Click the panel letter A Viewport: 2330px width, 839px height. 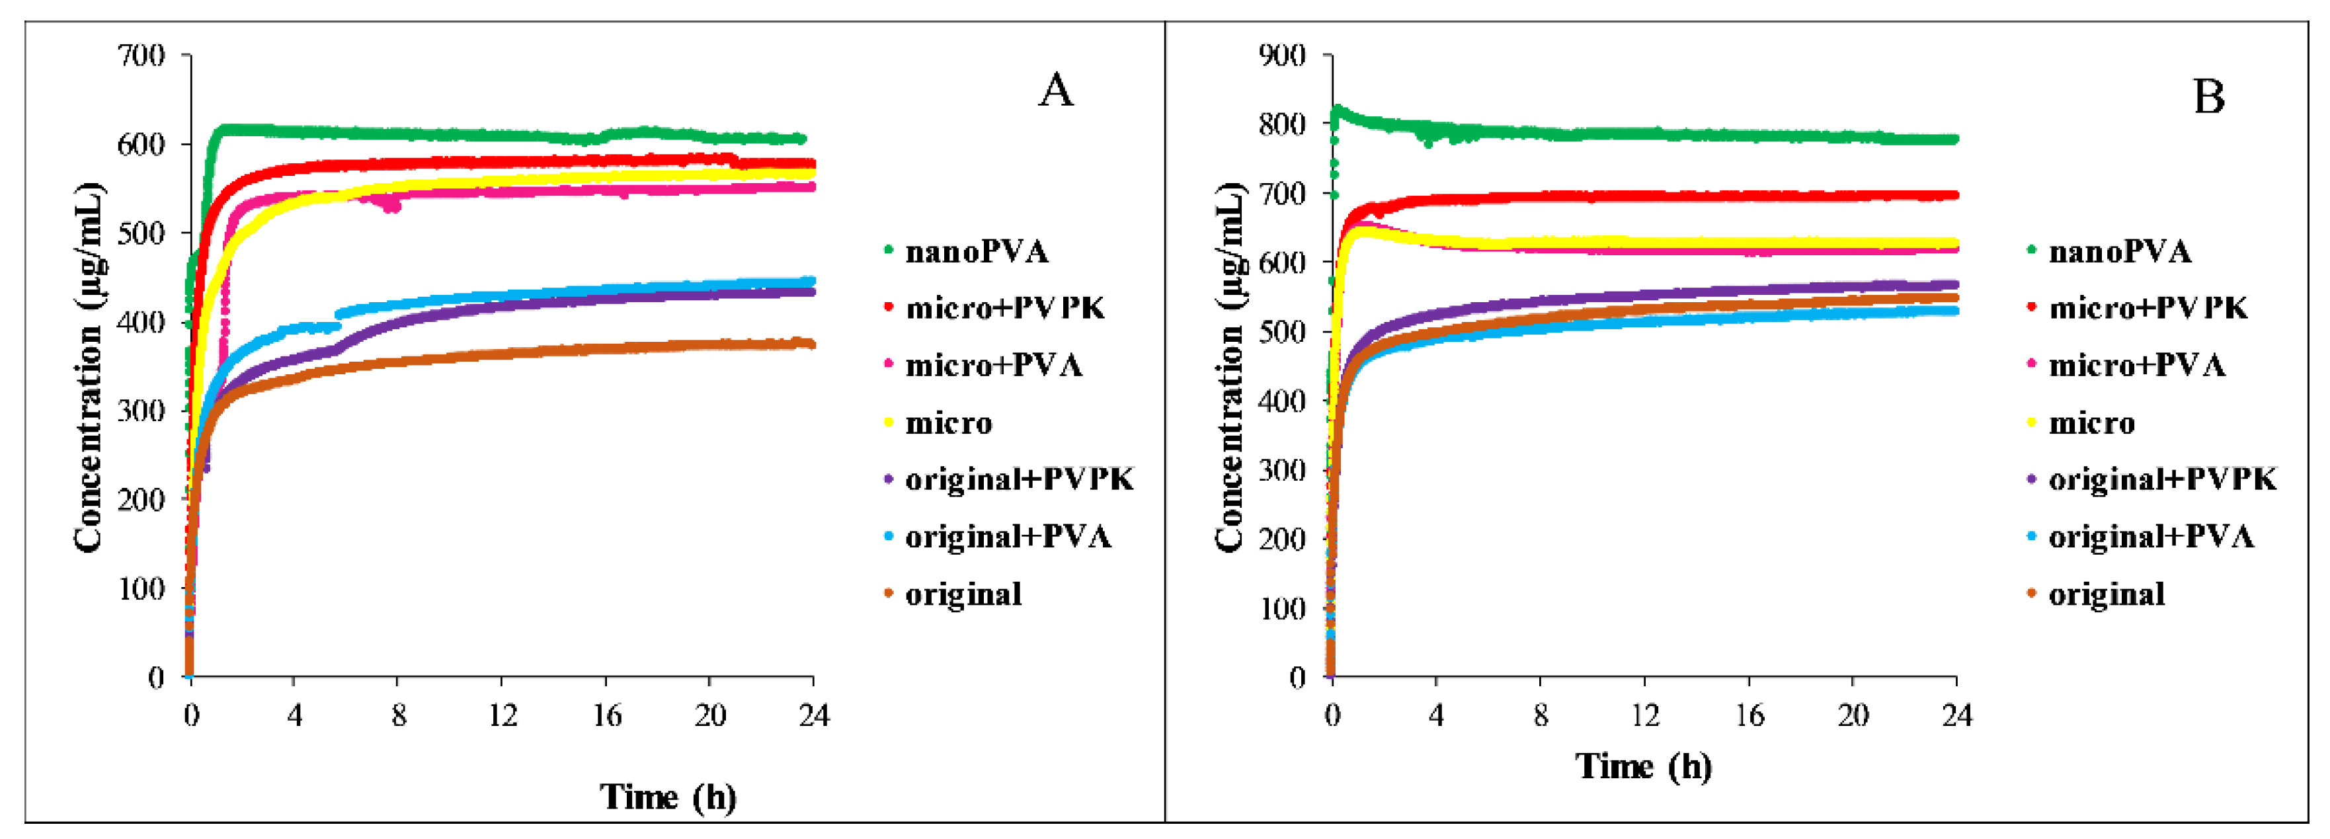[x=1055, y=91]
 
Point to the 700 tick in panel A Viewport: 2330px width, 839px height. [x=142, y=56]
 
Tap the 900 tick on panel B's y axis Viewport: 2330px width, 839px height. [x=1283, y=56]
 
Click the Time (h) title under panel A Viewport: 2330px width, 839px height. [x=668, y=797]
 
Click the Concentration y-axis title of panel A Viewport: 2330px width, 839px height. [x=89, y=366]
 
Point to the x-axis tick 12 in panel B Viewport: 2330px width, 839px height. [x=1644, y=716]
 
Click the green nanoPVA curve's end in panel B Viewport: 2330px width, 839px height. [x=1954, y=140]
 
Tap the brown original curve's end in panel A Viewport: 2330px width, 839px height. [x=811, y=344]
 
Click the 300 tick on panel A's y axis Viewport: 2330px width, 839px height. [x=142, y=411]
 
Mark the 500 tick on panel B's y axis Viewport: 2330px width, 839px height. [x=1283, y=332]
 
